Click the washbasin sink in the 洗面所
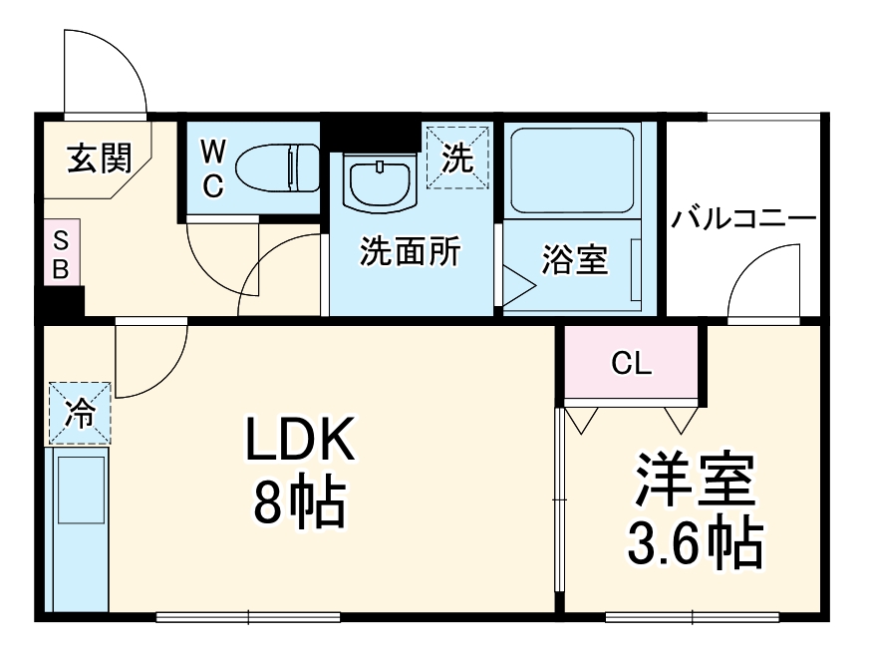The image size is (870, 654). click(378, 181)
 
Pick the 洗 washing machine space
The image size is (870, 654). click(457, 158)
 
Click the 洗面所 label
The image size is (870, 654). click(410, 253)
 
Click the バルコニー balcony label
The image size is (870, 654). click(742, 218)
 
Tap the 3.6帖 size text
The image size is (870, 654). click(694, 543)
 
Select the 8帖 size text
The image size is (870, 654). click(298, 502)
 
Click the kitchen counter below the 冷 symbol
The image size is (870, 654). click(78, 528)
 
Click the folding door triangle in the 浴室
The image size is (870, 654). click(517, 284)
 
